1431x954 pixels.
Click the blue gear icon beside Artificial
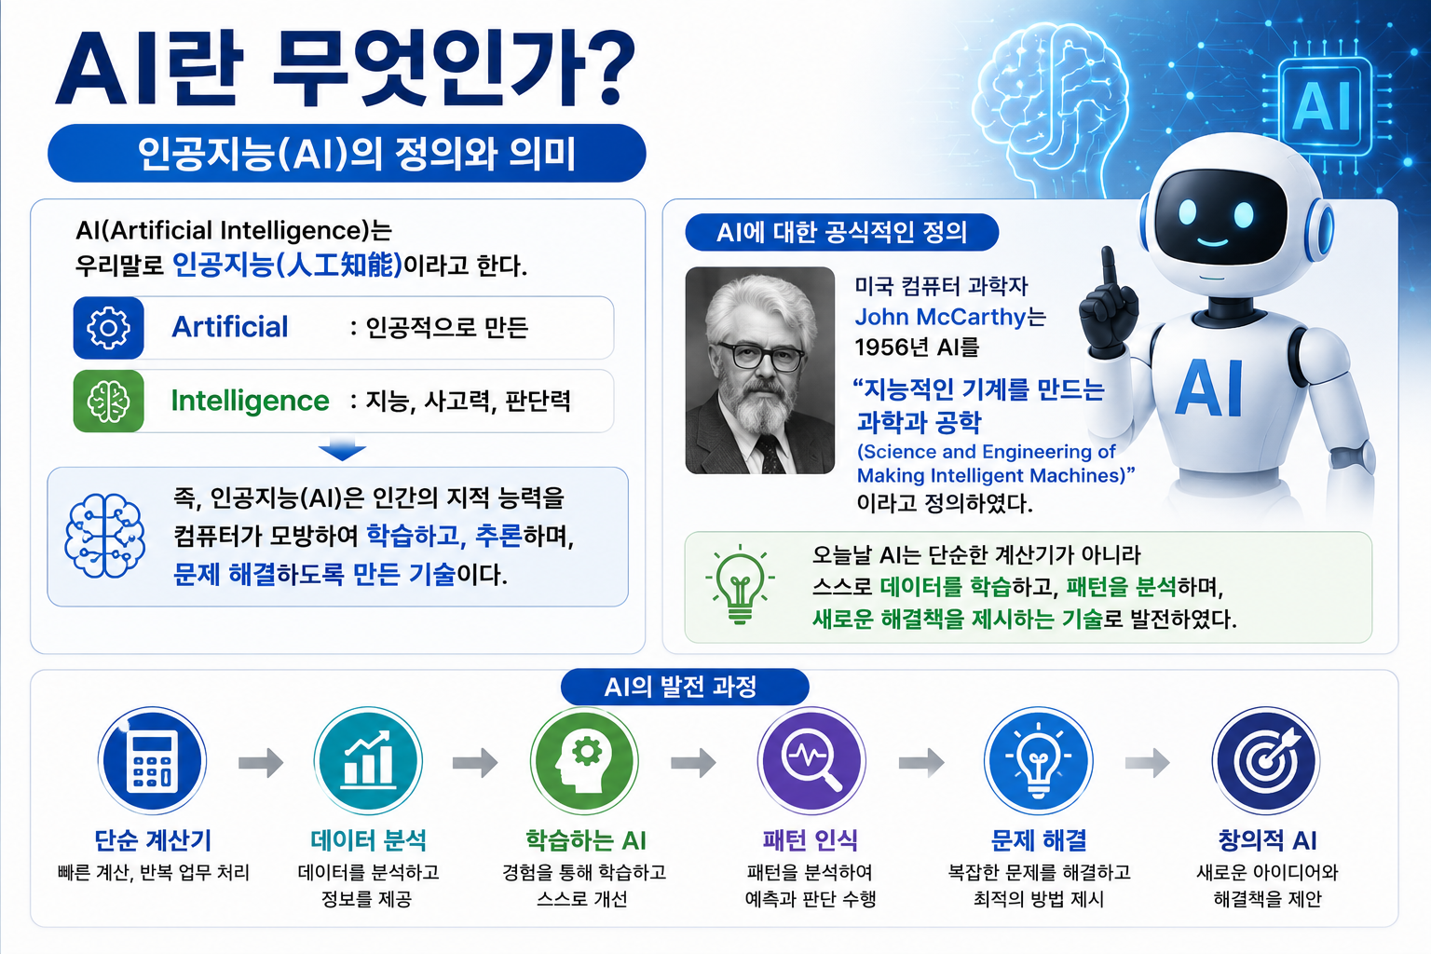point(108,327)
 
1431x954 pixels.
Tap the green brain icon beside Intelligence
point(108,401)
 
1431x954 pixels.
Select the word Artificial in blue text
point(230,326)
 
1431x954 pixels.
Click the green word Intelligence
point(250,401)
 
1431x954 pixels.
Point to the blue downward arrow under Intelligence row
point(342,450)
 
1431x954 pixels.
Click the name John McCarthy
point(940,317)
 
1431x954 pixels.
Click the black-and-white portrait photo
point(759,371)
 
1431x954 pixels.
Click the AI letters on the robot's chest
point(1208,388)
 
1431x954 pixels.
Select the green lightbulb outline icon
point(740,585)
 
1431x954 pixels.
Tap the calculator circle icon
point(152,761)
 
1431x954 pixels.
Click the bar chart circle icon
point(368,761)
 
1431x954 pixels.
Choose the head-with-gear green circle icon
point(584,761)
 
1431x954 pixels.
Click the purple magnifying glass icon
point(811,761)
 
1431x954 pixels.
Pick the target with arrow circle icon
point(1266,761)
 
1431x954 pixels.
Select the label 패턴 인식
point(810,840)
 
